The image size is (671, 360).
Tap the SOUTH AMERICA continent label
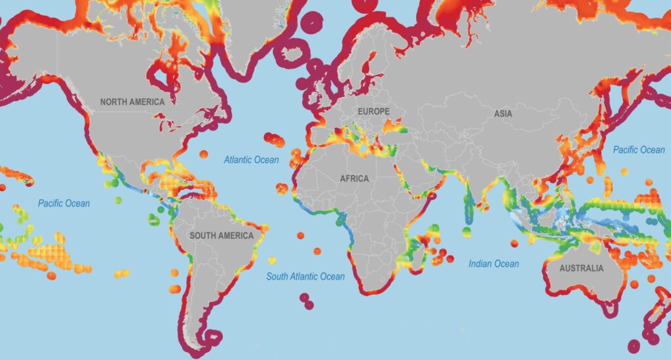[221, 235]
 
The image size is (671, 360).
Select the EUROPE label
[373, 112]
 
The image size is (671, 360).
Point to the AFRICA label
[354, 178]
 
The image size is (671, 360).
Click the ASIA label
[503, 113]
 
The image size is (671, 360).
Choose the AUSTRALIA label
[581, 268]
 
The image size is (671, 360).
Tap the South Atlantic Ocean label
[305, 277]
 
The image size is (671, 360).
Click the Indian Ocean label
[493, 264]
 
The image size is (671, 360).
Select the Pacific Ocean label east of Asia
[638, 150]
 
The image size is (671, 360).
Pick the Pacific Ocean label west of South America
[64, 203]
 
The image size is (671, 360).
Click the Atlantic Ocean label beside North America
[251, 159]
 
